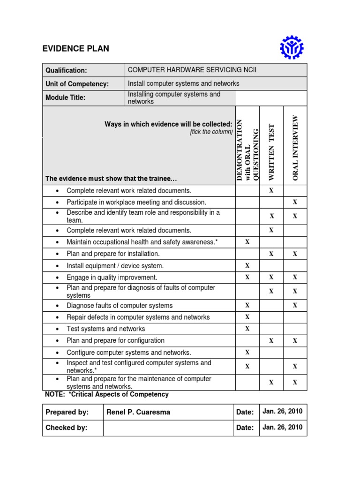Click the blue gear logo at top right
click(292, 48)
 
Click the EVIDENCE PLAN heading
click(76, 49)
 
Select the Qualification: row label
click(66, 70)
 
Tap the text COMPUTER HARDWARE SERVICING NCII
click(192, 70)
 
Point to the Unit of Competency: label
click(77, 84)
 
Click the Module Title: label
click(65, 97)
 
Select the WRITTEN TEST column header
click(271, 152)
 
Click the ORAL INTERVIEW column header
click(295, 147)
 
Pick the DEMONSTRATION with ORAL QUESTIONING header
click(247, 150)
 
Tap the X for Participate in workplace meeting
click(295, 202)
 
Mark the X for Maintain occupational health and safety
click(247, 242)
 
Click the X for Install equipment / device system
click(247, 265)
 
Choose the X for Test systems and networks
click(247, 328)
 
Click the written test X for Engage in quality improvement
click(271, 277)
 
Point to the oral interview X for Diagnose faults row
click(295, 305)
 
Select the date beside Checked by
click(283, 427)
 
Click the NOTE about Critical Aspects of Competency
click(106, 395)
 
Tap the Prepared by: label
click(67, 412)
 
